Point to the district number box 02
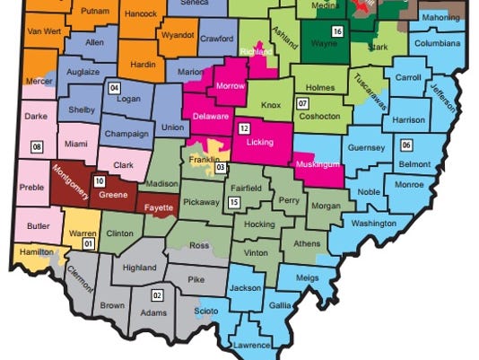(x=157, y=294)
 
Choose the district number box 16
(x=337, y=32)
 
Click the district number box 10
(x=99, y=180)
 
